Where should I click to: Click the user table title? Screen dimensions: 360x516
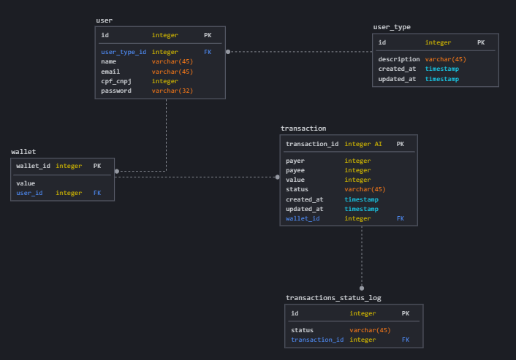pyautogui.click(x=105, y=20)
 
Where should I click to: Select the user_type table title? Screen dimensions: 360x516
pyautogui.click(x=392, y=27)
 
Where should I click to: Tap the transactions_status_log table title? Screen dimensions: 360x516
pyautogui.click(x=333, y=298)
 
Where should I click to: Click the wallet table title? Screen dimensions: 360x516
pyautogui.click(x=23, y=152)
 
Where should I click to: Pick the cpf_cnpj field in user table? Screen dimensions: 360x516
pyautogui.click(x=116, y=81)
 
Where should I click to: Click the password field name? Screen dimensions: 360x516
pyautogui.click(x=116, y=91)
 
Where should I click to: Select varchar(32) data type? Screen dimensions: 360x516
pyautogui.click(x=172, y=91)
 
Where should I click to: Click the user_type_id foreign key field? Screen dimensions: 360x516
pyautogui.click(x=124, y=52)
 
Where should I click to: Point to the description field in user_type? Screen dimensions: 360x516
pyautogui.click(x=399, y=59)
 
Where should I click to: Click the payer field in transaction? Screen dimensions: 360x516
pyautogui.click(x=296, y=161)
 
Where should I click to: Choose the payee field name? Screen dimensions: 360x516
pyautogui.click(x=296, y=170)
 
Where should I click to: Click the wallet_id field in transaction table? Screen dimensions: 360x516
pyautogui.click(x=303, y=218)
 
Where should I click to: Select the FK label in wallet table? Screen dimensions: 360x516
pyautogui.click(x=97, y=193)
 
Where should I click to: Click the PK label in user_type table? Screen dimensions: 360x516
pyautogui.click(x=481, y=43)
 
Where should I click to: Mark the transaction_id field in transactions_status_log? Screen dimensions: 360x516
pyautogui.click(x=317, y=340)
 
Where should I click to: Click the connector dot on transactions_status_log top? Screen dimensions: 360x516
pyautogui.click(x=361, y=288)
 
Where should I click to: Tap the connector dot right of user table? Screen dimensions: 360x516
pyautogui.click(x=228, y=52)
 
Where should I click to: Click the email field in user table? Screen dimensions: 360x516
pyautogui.click(x=110, y=72)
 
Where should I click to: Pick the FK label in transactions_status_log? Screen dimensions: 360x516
pyautogui.click(x=406, y=340)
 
